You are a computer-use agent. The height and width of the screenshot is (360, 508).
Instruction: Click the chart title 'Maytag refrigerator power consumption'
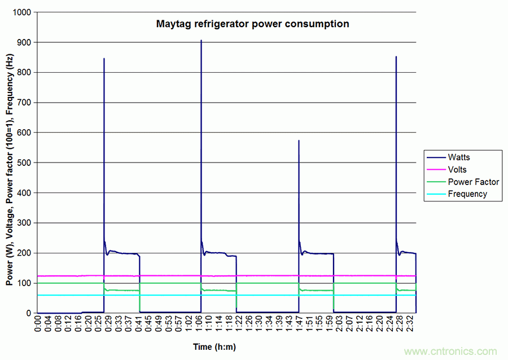252,24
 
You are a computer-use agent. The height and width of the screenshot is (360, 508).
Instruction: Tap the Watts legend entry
458,157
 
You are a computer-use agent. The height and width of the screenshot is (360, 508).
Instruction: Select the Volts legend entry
457,169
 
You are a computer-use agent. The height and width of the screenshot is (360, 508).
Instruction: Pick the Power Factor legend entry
473,182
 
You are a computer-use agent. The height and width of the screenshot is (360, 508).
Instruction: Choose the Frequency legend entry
467,194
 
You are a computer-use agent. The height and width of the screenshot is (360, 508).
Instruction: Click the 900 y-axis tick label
24,42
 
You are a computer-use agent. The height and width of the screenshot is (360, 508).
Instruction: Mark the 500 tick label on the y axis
24,163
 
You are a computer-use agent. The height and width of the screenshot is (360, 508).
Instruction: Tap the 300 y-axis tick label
24,223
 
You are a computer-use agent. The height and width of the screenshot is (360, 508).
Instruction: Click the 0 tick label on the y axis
29,313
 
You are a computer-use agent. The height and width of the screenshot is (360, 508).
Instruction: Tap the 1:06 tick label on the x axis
200,326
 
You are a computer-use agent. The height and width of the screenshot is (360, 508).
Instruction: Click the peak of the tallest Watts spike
201,41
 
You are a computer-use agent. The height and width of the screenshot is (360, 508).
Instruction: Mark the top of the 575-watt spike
299,141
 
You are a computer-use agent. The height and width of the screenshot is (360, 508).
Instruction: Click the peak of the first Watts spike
104,59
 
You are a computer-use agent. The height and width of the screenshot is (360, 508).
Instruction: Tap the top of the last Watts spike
396,56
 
